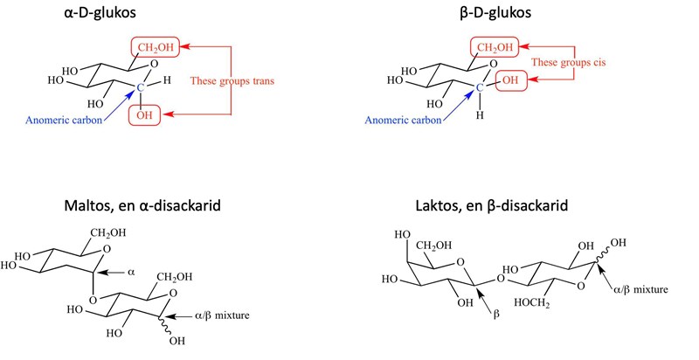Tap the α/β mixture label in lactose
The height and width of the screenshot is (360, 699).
click(639, 287)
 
